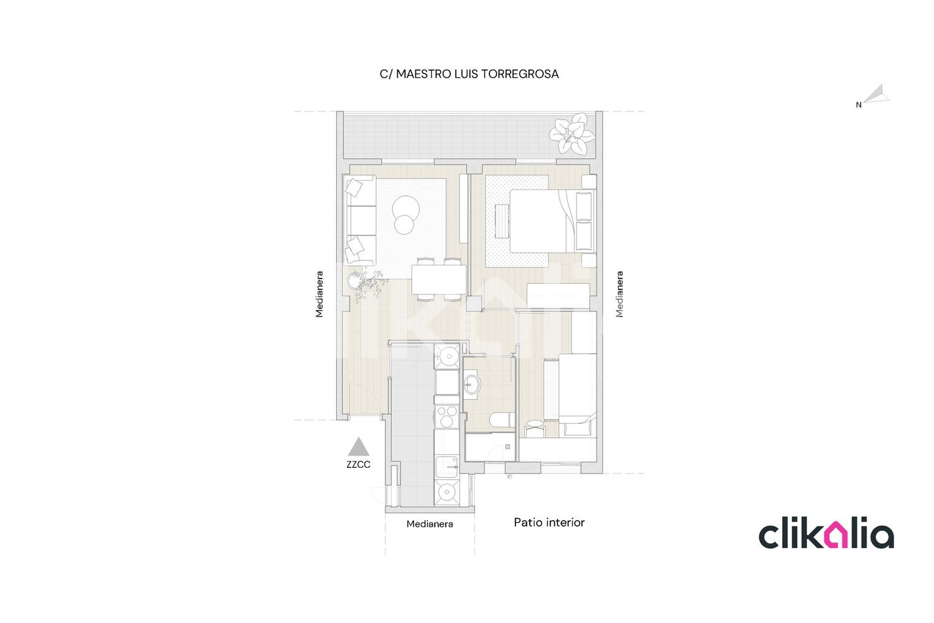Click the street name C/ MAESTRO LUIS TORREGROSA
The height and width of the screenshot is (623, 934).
coord(469,74)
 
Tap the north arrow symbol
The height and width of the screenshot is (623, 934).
coord(877,94)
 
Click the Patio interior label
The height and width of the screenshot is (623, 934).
coord(549,523)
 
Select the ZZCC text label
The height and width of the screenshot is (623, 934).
coord(358,464)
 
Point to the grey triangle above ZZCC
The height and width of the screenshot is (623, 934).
coord(359,447)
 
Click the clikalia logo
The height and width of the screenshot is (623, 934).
coord(826,533)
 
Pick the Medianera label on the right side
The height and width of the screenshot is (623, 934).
coord(620,294)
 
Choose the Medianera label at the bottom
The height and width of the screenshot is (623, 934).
coord(430,524)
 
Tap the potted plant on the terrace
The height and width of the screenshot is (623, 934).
coord(572,133)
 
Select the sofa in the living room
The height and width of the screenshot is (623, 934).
coord(361,220)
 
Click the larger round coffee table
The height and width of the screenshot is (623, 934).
coord(406,207)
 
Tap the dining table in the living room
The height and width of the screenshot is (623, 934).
coord(439,280)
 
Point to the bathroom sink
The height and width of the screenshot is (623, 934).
coord(473,384)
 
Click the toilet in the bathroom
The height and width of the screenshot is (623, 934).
coord(502,420)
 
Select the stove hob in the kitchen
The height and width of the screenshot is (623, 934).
coord(446,416)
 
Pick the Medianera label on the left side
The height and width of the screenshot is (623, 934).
coord(319,294)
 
